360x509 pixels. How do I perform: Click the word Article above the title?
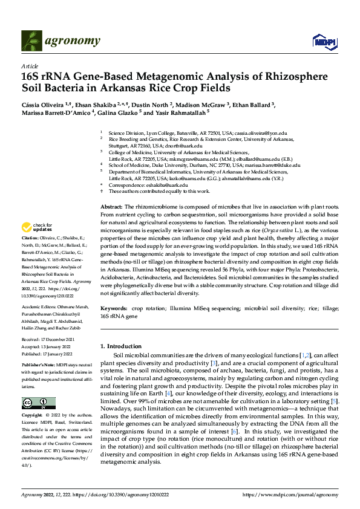(x=29, y=65)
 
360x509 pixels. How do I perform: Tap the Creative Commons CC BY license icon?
(x=38, y=387)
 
